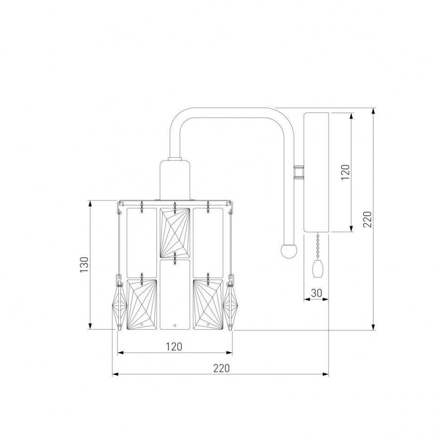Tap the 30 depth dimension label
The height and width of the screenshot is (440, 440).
(x=316, y=293)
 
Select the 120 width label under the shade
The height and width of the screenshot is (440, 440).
(x=174, y=347)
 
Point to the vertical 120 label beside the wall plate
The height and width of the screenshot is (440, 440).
(x=346, y=172)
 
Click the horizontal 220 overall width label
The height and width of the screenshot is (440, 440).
(x=221, y=368)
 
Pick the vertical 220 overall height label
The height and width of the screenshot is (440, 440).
(x=367, y=219)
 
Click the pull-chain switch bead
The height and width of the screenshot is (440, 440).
(x=318, y=269)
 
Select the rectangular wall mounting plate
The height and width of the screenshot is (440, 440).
(x=316, y=172)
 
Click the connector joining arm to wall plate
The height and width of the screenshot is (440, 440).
(x=299, y=172)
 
